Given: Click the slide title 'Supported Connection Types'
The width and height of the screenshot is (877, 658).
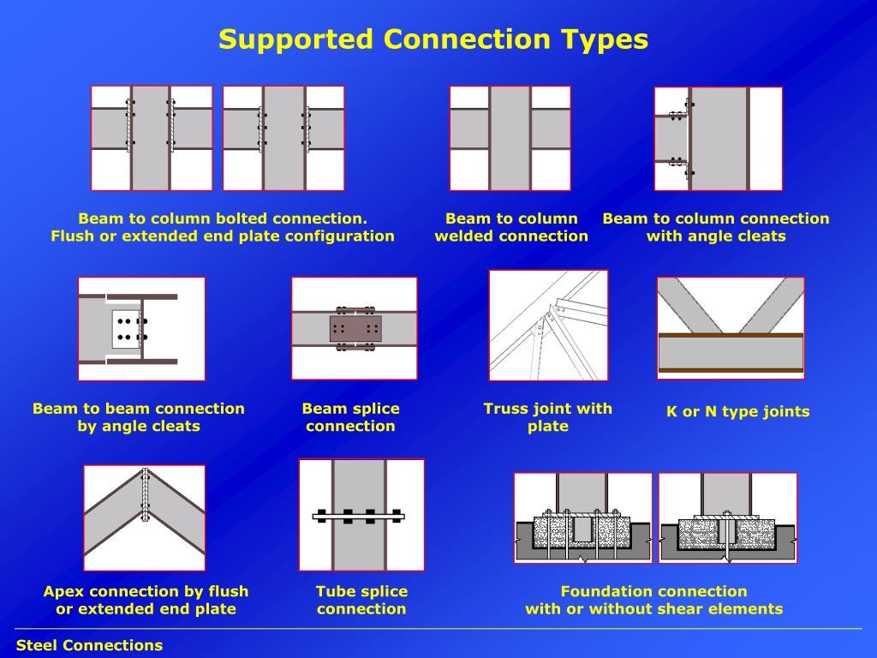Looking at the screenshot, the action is (433, 39).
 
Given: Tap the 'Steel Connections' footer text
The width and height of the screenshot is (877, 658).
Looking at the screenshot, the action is (89, 645).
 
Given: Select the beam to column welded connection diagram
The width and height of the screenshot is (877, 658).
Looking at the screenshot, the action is (510, 138).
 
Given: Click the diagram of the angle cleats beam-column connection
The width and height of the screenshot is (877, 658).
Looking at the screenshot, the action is (719, 139).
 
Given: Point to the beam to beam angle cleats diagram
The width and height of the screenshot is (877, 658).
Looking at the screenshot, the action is (141, 329).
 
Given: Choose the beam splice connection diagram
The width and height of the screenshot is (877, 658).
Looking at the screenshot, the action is (354, 328).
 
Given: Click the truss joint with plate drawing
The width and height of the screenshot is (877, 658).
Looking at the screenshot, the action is (548, 325).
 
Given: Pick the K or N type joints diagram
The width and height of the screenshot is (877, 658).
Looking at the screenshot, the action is (731, 328).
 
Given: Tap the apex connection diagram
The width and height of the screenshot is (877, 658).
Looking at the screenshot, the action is (144, 517).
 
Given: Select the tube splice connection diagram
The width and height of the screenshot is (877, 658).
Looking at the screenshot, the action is (361, 515).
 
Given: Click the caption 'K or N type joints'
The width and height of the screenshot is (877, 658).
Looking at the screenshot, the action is (737, 412).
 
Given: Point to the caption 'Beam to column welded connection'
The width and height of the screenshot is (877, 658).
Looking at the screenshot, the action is (511, 227).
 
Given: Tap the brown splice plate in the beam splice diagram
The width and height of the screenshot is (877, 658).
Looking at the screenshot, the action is (355, 328).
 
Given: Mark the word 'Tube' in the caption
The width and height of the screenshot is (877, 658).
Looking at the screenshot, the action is (334, 591).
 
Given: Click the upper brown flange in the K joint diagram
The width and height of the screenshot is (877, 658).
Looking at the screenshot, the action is (731, 335).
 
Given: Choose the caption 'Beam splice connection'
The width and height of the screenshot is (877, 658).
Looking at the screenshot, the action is (350, 417).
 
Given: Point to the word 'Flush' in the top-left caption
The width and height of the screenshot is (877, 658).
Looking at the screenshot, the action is (73, 236).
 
